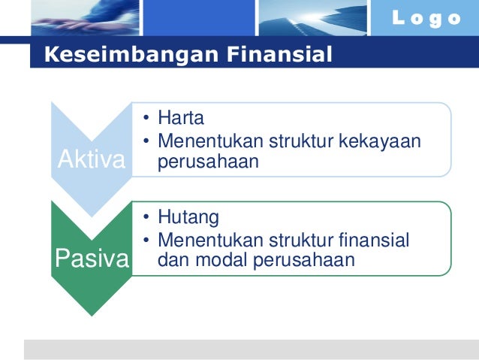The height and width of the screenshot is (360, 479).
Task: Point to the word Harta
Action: point(181,119)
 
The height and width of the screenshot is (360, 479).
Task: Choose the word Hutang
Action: point(188,218)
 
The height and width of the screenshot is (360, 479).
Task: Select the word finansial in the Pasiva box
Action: point(369,241)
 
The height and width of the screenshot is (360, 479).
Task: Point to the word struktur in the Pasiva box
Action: point(294,241)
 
